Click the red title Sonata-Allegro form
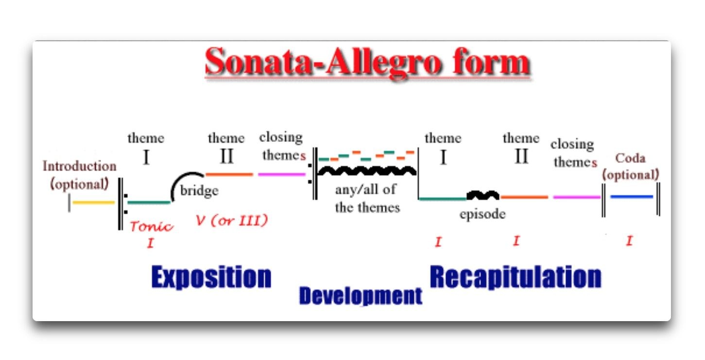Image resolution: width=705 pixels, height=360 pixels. (368, 62)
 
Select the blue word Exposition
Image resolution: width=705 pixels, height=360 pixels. (211, 277)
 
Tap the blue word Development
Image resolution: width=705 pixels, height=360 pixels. (361, 296)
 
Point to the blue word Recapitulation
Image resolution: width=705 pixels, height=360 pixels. (516, 277)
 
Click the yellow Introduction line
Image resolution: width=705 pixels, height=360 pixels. (93, 202)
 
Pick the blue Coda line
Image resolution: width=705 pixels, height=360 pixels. (632, 197)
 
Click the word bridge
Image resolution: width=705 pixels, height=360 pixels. (199, 191)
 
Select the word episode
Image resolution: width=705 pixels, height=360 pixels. (482, 214)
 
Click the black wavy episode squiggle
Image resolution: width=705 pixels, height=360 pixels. (482, 195)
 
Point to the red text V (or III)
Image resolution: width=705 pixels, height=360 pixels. (232, 220)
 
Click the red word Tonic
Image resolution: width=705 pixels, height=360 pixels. (152, 226)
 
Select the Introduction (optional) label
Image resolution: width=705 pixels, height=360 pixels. (80, 175)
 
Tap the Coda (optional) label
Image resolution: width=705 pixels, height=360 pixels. (630, 167)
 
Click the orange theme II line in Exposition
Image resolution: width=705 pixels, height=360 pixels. (229, 174)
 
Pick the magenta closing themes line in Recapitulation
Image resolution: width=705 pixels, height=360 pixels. (577, 197)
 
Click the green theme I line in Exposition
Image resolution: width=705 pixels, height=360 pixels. (149, 202)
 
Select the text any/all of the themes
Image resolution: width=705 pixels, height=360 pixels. (367, 199)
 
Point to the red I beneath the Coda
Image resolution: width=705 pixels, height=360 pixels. (629, 241)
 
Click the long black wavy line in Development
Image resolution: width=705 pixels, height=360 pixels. (367, 171)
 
